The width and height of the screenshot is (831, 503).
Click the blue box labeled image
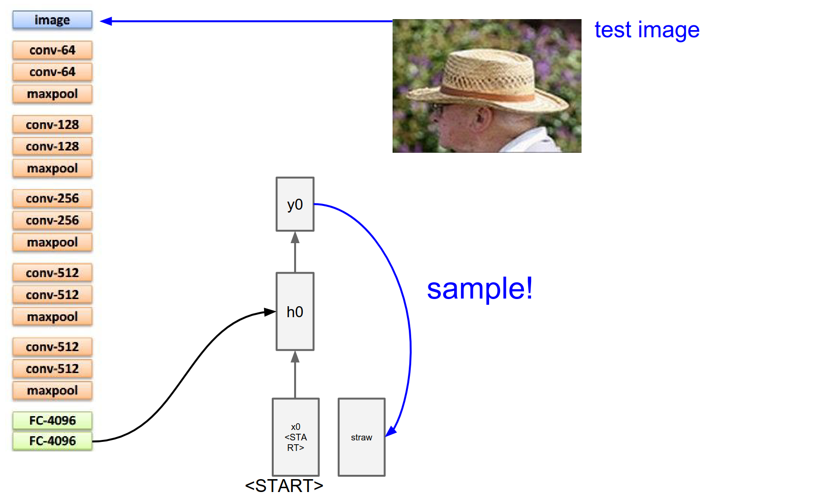click(x=52, y=20)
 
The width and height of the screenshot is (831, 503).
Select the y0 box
click(x=295, y=204)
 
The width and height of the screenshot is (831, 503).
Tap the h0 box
click(x=295, y=311)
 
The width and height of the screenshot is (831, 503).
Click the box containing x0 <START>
click(x=296, y=437)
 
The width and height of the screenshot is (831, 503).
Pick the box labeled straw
click(x=362, y=437)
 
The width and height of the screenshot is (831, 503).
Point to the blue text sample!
click(x=479, y=289)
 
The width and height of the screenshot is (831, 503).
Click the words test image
click(x=647, y=30)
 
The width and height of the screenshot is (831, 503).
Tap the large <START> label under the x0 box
click(x=284, y=486)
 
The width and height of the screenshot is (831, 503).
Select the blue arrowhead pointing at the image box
click(x=106, y=21)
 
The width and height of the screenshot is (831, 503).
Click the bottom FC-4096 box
click(x=52, y=440)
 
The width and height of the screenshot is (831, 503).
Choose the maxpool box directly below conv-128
click(x=52, y=168)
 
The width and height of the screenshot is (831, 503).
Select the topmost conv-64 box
click(x=52, y=50)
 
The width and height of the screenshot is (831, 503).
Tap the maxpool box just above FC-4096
click(x=52, y=390)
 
